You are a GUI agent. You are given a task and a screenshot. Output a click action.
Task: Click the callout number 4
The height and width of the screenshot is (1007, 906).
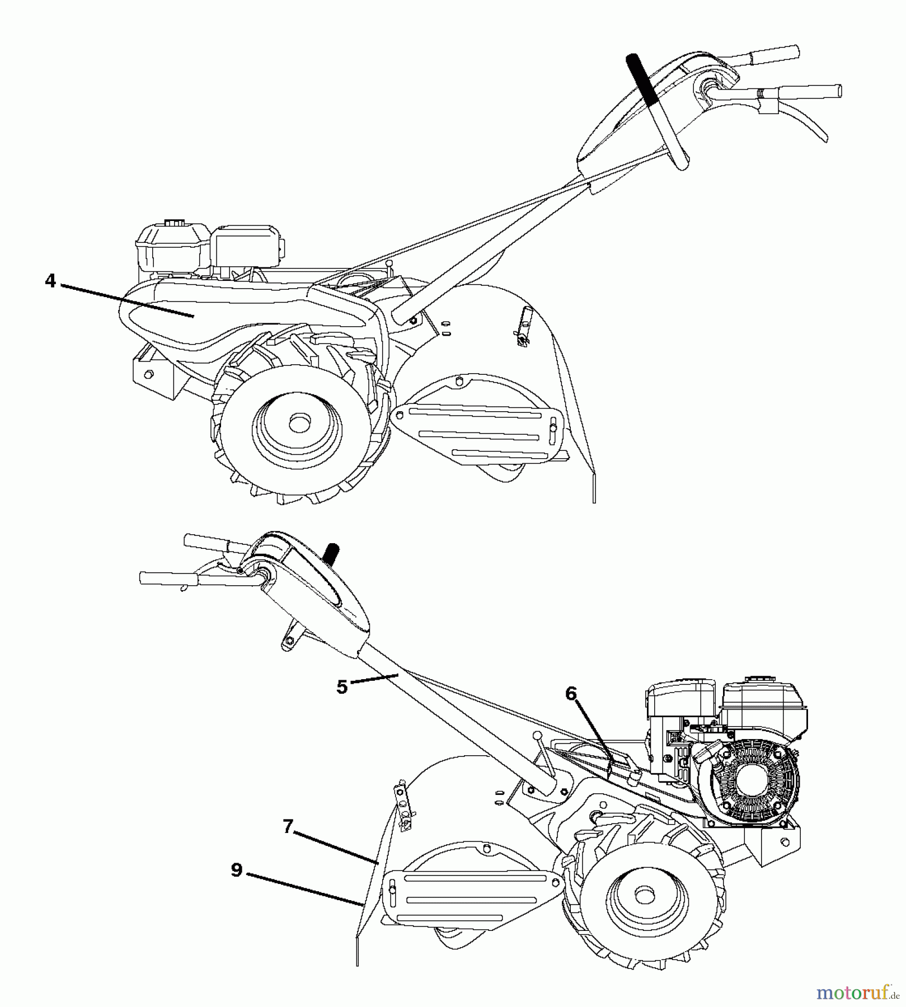[x=50, y=281]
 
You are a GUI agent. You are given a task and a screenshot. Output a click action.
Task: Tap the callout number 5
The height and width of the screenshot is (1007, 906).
[x=342, y=686]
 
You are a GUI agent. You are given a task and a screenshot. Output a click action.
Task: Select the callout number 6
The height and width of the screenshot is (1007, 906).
[x=570, y=694]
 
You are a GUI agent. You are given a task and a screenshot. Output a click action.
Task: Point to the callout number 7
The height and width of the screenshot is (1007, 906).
[x=288, y=826]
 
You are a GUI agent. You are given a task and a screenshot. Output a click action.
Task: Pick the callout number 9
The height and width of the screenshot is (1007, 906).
[x=236, y=870]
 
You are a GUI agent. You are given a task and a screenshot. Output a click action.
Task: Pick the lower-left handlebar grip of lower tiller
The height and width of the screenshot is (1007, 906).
[x=162, y=578]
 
